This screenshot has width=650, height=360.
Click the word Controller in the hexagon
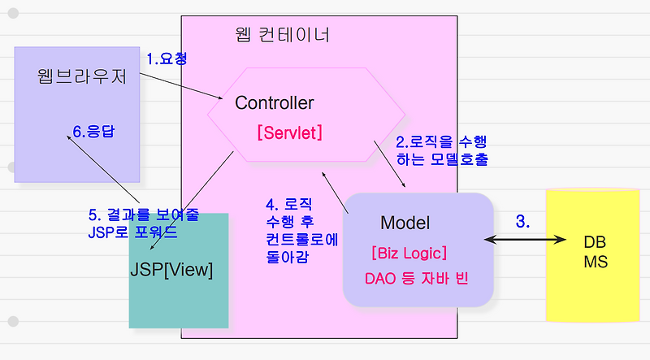(x=274, y=103)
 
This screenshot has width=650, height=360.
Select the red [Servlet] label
(x=289, y=132)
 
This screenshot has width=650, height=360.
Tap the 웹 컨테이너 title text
(x=281, y=36)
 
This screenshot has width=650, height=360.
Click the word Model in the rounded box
(x=405, y=223)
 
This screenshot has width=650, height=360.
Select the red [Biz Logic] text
(x=409, y=252)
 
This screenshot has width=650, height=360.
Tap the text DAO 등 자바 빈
(x=418, y=279)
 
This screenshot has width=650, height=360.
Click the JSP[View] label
(x=171, y=270)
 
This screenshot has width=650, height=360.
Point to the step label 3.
(x=523, y=221)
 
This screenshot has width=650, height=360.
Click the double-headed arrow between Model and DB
(x=525, y=240)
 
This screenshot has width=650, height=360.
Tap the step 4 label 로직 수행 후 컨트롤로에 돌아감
(x=301, y=230)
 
